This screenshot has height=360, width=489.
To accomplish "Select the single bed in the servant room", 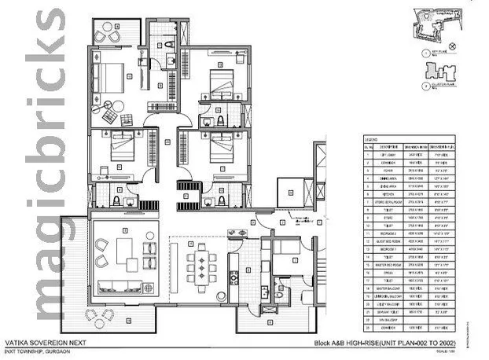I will tap(284, 255).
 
